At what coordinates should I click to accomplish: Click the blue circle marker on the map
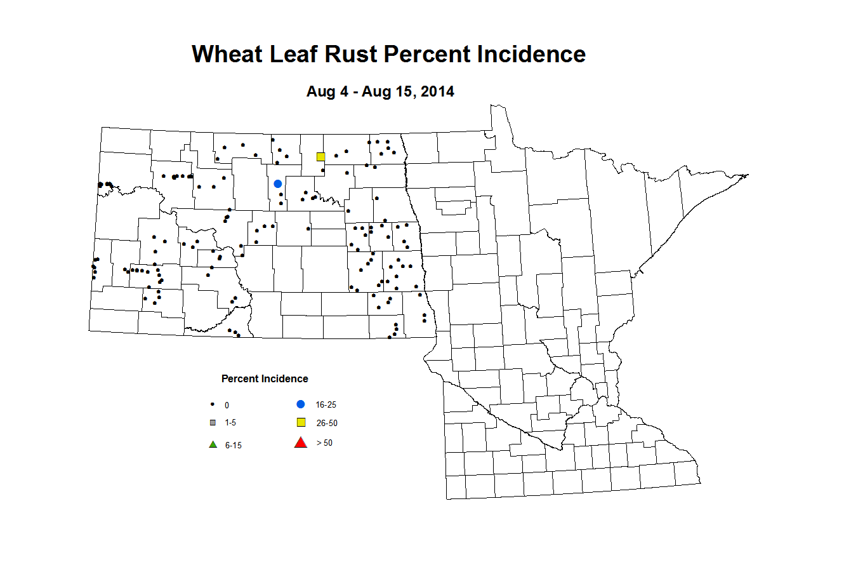[277, 184]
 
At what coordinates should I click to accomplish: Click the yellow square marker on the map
[320, 157]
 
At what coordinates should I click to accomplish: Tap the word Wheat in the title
[228, 55]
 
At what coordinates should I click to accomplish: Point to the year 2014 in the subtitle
[437, 91]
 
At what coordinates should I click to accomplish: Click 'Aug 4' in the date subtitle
[327, 91]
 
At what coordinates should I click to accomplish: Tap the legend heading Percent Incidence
[265, 379]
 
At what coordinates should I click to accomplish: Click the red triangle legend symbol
[301, 443]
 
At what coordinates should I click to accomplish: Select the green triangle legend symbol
[213, 444]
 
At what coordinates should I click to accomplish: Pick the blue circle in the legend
[301, 404]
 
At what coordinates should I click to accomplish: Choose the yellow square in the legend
[301, 423]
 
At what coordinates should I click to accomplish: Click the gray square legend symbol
[213, 422]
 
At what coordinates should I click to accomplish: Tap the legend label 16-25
[326, 405]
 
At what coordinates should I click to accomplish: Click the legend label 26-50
[327, 424]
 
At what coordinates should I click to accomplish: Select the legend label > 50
[324, 443]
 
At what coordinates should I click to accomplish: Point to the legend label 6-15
[233, 446]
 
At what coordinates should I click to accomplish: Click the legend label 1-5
[230, 423]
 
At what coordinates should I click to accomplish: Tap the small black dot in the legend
[213, 404]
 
